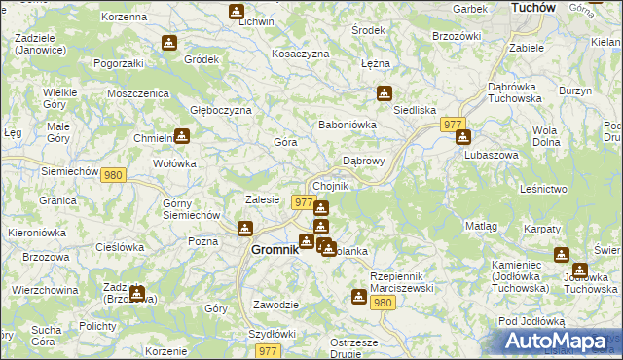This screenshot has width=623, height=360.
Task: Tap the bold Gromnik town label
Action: pos(268,249)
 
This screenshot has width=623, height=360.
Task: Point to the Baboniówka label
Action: pos(348,125)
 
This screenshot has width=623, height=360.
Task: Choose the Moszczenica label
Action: pos(138,93)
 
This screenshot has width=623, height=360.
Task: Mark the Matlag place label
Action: pos(481,226)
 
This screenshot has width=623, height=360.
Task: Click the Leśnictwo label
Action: pos(544,188)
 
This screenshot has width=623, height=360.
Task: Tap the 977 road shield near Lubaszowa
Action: pos(452,125)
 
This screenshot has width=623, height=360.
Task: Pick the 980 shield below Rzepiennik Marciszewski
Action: pos(383,303)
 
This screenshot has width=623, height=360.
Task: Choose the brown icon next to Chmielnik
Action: pos(181,135)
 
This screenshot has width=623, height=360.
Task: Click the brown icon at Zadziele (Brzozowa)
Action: pos(137,292)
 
